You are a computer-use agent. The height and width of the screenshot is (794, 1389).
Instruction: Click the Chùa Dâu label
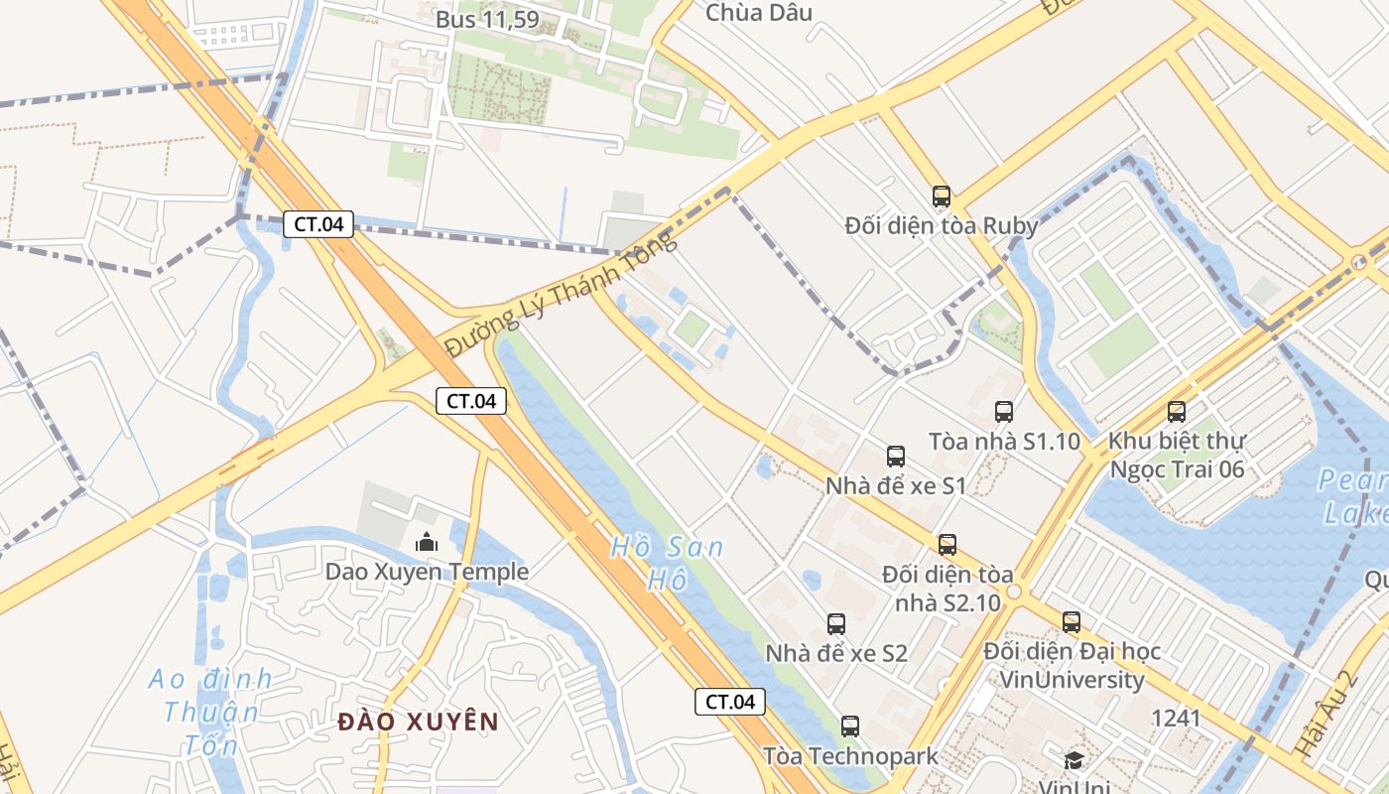pyautogui.click(x=758, y=13)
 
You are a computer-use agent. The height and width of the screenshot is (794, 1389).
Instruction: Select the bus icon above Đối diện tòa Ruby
pyautogui.click(x=941, y=197)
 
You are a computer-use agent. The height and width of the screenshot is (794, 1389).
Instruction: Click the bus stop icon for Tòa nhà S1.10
pyautogui.click(x=1004, y=412)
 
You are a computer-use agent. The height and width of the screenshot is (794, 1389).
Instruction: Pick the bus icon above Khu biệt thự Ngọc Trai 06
pyautogui.click(x=1177, y=411)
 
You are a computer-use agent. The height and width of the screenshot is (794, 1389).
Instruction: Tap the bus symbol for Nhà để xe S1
pyautogui.click(x=896, y=457)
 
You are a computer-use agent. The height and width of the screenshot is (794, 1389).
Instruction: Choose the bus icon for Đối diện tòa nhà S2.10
pyautogui.click(x=947, y=545)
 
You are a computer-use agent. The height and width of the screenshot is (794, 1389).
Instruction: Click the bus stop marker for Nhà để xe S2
pyautogui.click(x=836, y=624)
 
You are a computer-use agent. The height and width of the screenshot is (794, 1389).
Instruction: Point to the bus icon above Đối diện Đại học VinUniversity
pyautogui.click(x=1072, y=622)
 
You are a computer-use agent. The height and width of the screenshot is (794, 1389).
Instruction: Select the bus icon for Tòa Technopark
pyautogui.click(x=850, y=727)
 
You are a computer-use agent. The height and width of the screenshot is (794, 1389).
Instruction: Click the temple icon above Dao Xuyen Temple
pyautogui.click(x=427, y=542)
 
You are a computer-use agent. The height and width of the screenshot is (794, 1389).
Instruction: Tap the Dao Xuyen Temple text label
pyautogui.click(x=427, y=572)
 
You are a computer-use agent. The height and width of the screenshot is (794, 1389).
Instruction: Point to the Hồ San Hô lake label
pyautogui.click(x=667, y=563)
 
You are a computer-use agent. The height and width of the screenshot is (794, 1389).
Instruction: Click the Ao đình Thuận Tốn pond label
pyautogui.click(x=210, y=712)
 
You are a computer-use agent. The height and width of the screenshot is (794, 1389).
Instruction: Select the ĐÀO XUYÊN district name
pyautogui.click(x=417, y=722)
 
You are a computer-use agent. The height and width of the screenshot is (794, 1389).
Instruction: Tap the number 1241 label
pyautogui.click(x=1176, y=718)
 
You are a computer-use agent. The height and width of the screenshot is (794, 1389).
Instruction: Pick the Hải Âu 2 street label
pyautogui.click(x=1326, y=716)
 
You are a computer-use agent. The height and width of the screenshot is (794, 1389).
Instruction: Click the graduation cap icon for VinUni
pyautogui.click(x=1073, y=760)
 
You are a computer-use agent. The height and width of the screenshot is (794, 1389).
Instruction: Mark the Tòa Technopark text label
pyautogui.click(x=850, y=756)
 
